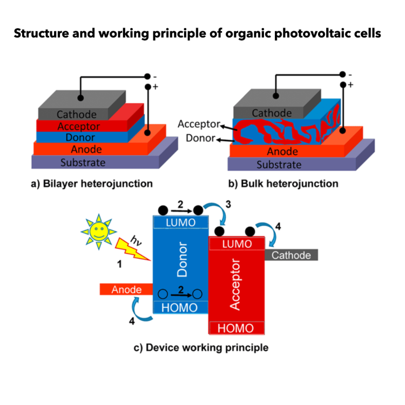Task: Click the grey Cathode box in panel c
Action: point(291,255)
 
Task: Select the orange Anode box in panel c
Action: point(126,290)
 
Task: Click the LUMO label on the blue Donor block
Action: point(180,222)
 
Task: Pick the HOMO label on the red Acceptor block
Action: point(235,328)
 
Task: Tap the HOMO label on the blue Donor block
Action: point(180,307)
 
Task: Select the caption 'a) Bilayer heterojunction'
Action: point(91,184)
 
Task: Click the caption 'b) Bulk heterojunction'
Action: point(283,184)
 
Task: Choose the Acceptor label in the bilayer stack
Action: point(78,126)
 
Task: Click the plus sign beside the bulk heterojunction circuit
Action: point(350,85)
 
